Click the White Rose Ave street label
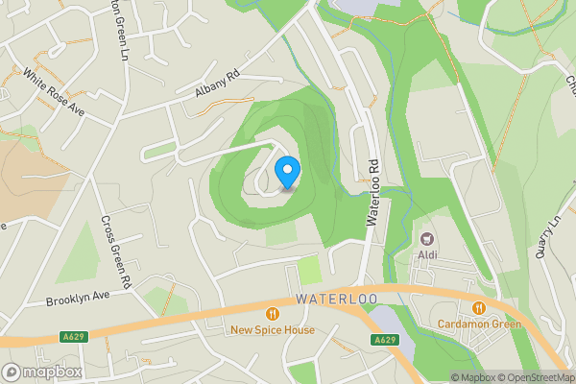tap(54, 92)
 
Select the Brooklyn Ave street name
tap(78, 300)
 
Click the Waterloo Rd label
tap(374, 193)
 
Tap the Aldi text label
tap(427, 256)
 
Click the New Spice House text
tap(273, 330)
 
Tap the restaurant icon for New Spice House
tap(273, 313)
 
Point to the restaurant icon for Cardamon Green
tap(477, 307)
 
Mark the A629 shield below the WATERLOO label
tap(385, 341)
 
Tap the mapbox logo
tap(42, 372)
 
